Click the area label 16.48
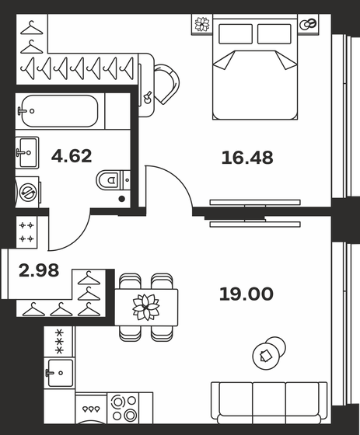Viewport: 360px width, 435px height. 246,158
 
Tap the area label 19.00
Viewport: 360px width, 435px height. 246,294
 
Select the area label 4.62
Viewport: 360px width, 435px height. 72,155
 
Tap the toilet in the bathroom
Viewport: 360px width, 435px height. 113,181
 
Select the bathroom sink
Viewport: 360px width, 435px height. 26,149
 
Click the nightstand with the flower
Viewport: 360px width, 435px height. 202,24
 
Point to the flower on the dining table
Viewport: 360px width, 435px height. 145,305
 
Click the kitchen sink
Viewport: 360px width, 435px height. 58,372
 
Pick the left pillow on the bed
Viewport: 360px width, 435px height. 236,33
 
